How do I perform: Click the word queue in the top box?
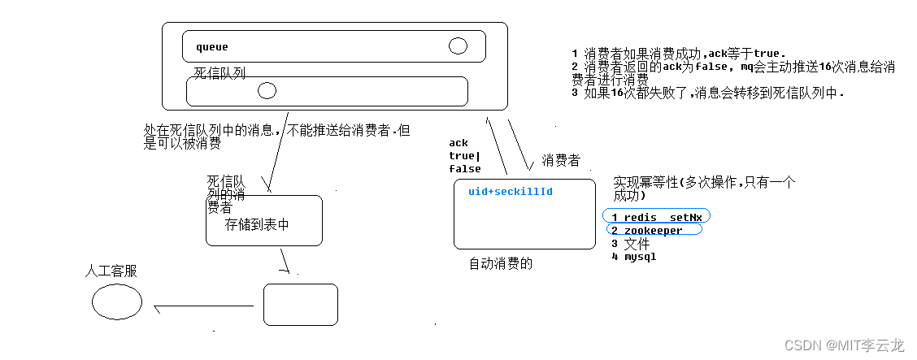click(x=212, y=47)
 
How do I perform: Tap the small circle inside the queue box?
click(x=458, y=46)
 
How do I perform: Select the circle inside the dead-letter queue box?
click(x=267, y=91)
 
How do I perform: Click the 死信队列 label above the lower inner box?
click(x=219, y=73)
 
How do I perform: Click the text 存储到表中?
click(x=257, y=224)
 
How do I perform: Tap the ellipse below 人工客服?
click(x=117, y=302)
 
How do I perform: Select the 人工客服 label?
click(x=111, y=271)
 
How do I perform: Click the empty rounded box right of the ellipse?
click(x=300, y=305)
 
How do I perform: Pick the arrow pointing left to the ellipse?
click(x=203, y=308)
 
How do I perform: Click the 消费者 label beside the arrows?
click(x=561, y=161)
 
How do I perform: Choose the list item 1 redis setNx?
click(x=657, y=217)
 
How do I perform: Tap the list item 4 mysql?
click(x=634, y=257)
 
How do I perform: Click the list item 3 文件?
click(x=631, y=244)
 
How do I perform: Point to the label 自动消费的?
click(x=501, y=263)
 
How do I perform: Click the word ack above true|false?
click(x=458, y=144)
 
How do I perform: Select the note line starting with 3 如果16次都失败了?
click(x=708, y=93)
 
